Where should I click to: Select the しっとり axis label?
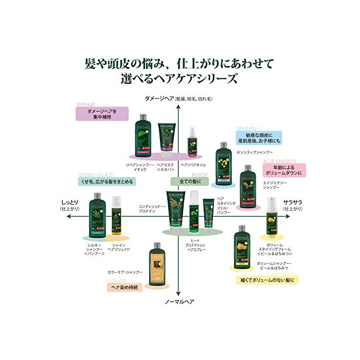70,203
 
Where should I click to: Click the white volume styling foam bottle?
272,218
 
